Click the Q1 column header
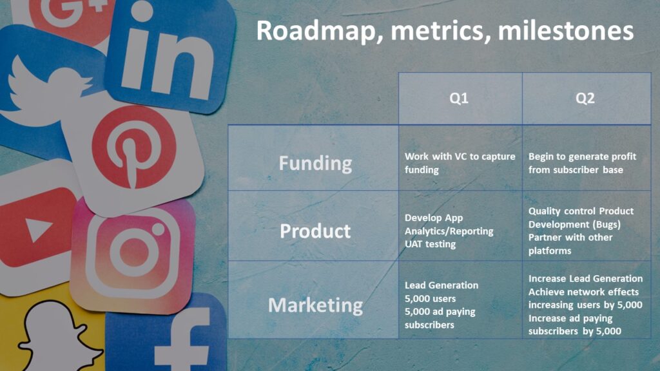click(x=459, y=99)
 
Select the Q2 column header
click(x=585, y=99)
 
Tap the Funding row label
click(x=315, y=164)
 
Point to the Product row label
click(x=315, y=231)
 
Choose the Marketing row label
click(x=315, y=305)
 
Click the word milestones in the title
click(x=566, y=31)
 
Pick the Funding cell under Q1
click(x=460, y=163)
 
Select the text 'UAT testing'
click(x=430, y=244)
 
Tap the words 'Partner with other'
click(x=570, y=237)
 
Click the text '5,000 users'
click(x=430, y=299)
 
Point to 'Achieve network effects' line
click(x=583, y=292)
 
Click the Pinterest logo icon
click(x=134, y=147)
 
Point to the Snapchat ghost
click(x=59, y=336)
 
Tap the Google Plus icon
click(x=72, y=15)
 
